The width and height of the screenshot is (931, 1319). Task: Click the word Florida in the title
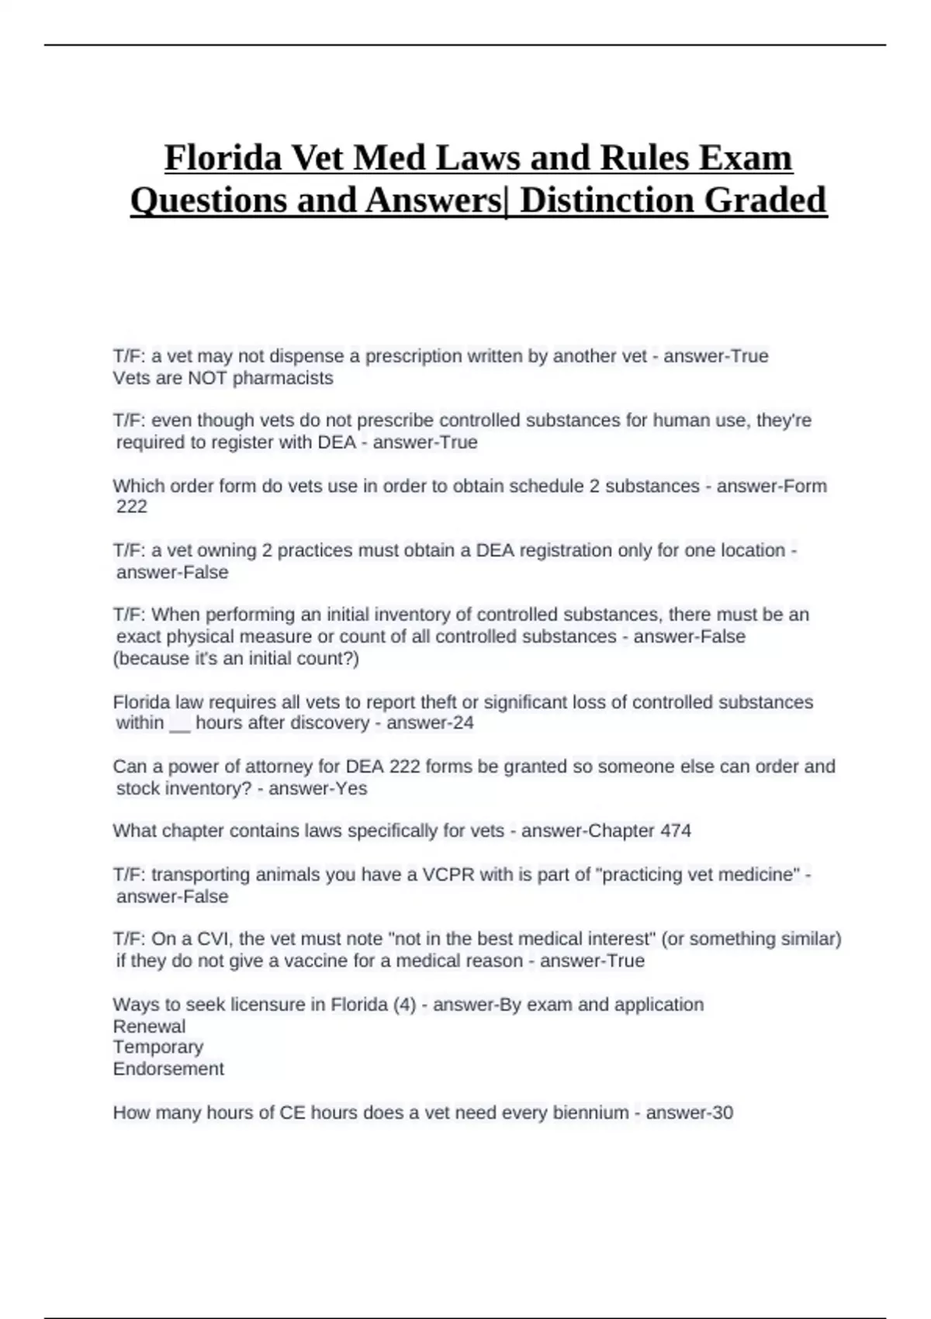(x=222, y=158)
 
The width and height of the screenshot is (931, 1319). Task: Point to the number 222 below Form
(x=132, y=507)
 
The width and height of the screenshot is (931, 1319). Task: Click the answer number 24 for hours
(x=462, y=723)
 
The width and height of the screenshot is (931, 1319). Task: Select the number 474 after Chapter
(x=676, y=831)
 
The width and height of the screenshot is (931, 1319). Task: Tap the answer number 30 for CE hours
(x=722, y=1113)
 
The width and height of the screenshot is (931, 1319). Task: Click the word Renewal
(x=149, y=1026)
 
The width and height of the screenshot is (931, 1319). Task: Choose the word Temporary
(x=157, y=1047)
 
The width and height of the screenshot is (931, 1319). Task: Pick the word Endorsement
(x=168, y=1069)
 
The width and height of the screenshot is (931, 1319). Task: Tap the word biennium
(x=590, y=1113)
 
